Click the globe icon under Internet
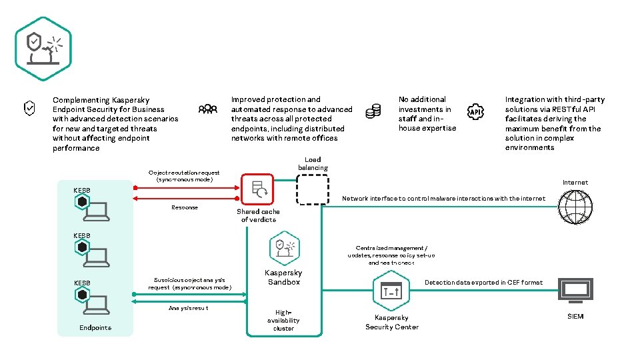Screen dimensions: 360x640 575,207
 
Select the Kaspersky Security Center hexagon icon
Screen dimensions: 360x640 391,291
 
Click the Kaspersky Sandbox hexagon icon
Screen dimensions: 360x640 284,248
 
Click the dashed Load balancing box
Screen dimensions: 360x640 312,189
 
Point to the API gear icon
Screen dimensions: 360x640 475,113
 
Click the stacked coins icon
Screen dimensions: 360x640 373,111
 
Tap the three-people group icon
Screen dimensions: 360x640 207,109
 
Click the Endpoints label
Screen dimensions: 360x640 95,327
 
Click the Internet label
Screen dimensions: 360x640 575,182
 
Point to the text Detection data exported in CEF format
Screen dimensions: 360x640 483,283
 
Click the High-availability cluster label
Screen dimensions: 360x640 283,320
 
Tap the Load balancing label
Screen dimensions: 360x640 313,163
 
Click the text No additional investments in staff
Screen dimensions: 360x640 427,113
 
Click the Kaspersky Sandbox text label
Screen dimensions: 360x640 283,277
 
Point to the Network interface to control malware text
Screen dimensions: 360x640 443,199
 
